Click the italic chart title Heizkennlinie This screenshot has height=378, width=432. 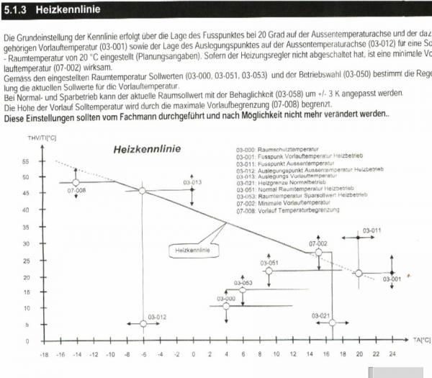[147, 150]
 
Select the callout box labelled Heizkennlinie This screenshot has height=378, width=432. [193, 251]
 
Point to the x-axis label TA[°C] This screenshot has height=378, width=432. [422, 338]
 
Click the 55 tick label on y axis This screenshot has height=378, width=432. [26, 161]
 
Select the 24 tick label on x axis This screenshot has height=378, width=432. [392, 355]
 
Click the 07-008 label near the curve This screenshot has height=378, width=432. [76, 190]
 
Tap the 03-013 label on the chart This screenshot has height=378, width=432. [192, 183]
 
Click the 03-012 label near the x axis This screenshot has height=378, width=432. [158, 317]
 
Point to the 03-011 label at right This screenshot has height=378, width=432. [372, 230]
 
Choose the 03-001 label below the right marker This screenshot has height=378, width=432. [392, 279]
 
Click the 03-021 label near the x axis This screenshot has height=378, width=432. [321, 316]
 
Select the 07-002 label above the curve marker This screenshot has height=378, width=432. [318, 244]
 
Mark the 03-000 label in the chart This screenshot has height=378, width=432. [226, 298]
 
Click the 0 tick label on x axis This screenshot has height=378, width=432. [192, 355]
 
